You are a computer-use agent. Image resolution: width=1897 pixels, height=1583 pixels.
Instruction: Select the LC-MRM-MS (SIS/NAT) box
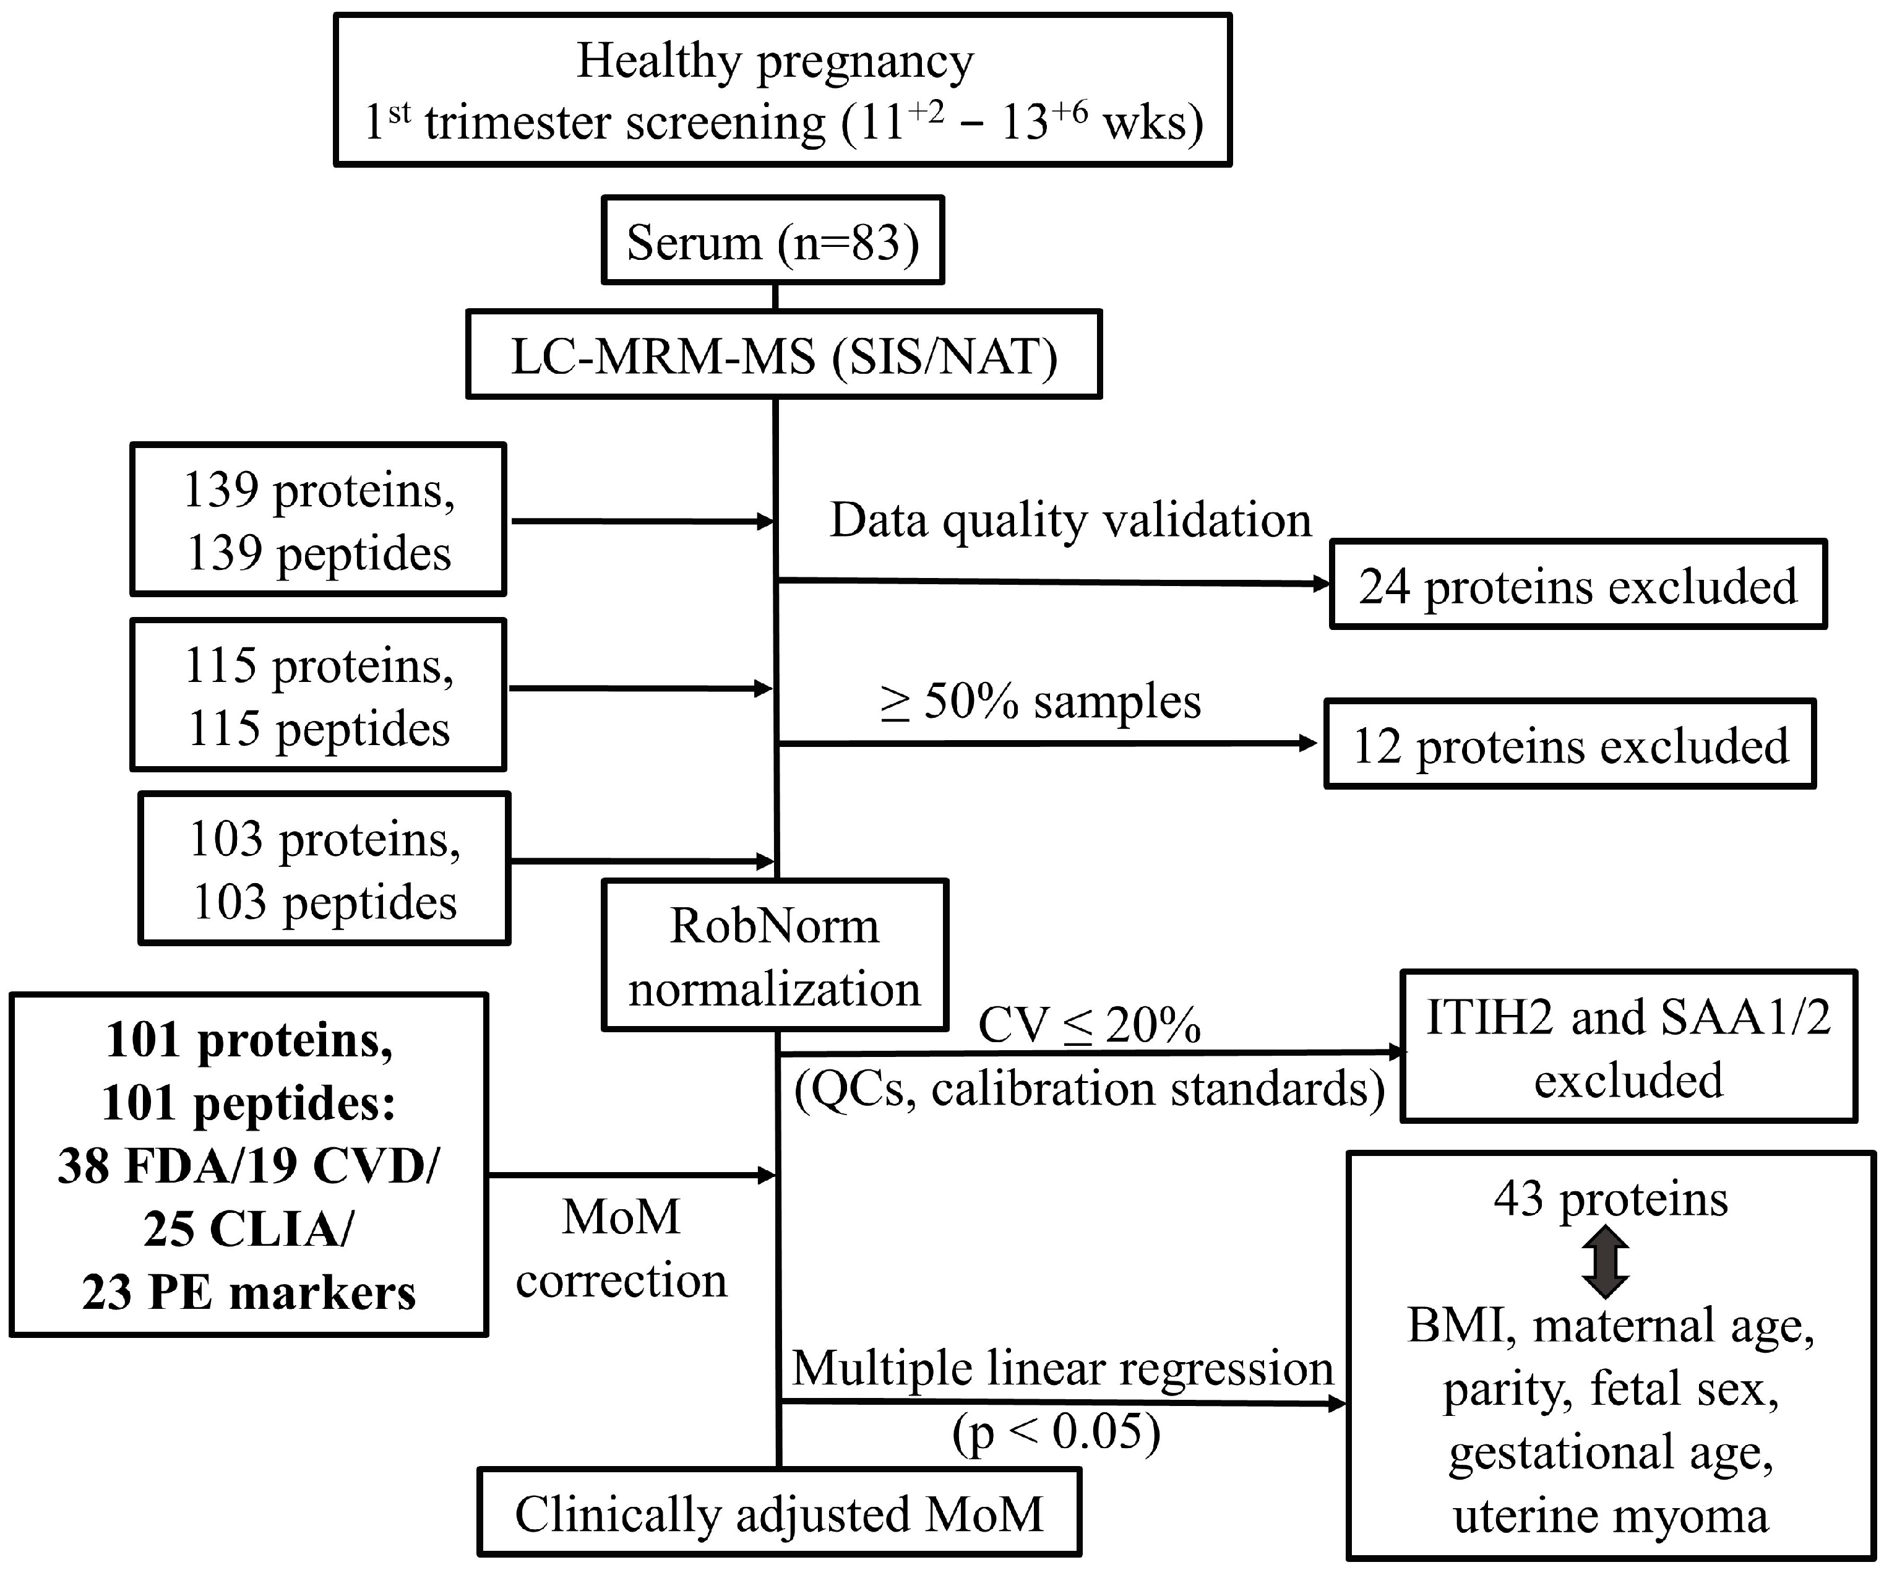(783, 355)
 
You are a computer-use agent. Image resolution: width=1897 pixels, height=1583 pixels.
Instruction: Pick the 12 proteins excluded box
(1569, 744)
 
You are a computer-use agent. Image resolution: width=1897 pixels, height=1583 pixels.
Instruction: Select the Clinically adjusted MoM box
(779, 1514)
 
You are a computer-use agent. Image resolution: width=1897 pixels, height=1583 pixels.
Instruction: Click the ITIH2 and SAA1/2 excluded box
(1628, 1047)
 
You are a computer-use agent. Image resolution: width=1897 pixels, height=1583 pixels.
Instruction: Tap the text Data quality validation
(1070, 520)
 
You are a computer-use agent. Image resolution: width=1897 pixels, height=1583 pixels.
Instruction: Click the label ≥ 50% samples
(1041, 701)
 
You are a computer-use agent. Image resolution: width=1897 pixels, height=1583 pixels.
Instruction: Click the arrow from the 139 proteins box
(642, 521)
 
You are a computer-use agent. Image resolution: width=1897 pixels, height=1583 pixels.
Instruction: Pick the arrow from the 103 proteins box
(642, 861)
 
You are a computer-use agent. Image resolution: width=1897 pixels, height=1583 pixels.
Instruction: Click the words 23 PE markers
(249, 1292)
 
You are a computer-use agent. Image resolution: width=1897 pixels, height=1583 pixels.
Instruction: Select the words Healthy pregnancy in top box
(775, 61)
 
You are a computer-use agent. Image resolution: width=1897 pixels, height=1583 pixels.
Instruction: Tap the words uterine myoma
(1610, 1515)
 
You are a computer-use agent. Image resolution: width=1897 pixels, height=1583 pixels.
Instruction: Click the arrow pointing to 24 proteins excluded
(1052, 583)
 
